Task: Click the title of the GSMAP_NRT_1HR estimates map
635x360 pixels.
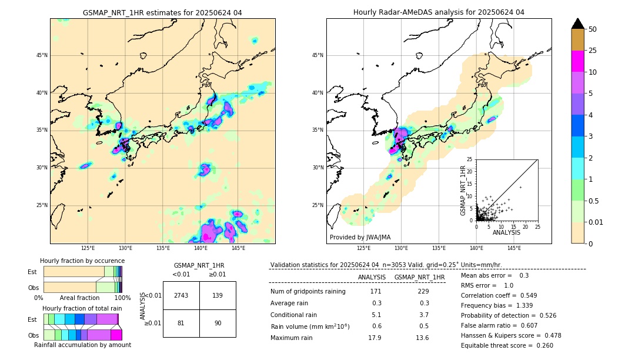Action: pyautogui.click(x=162, y=12)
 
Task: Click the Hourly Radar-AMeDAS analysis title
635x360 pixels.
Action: pyautogui.click(x=439, y=12)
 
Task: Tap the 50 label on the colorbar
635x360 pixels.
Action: pyautogui.click(x=593, y=29)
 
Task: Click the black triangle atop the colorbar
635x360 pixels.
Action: pyautogui.click(x=578, y=24)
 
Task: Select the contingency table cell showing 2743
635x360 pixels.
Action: pyautogui.click(x=181, y=295)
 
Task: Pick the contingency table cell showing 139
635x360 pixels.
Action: pyautogui.click(x=218, y=295)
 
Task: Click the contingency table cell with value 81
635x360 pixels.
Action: pyautogui.click(x=181, y=323)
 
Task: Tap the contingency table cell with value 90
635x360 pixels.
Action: pyautogui.click(x=218, y=323)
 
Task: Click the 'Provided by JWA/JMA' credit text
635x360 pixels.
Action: pyautogui.click(x=360, y=237)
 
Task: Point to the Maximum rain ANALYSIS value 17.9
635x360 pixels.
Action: pyautogui.click(x=375, y=338)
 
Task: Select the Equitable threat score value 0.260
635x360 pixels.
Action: pyautogui.click(x=541, y=345)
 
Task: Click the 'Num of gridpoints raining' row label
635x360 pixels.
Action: pyautogui.click(x=308, y=292)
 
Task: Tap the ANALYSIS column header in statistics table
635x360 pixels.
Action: pyautogui.click(x=372, y=277)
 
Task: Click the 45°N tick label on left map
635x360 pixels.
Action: pyautogui.click(x=42, y=55)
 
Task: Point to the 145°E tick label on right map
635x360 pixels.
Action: pyautogui.click(x=514, y=248)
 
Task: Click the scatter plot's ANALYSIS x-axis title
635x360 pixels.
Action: pyautogui.click(x=506, y=232)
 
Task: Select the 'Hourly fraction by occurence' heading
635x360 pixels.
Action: pyautogui.click(x=82, y=261)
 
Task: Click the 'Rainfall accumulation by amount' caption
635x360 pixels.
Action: pyautogui.click(x=82, y=345)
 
